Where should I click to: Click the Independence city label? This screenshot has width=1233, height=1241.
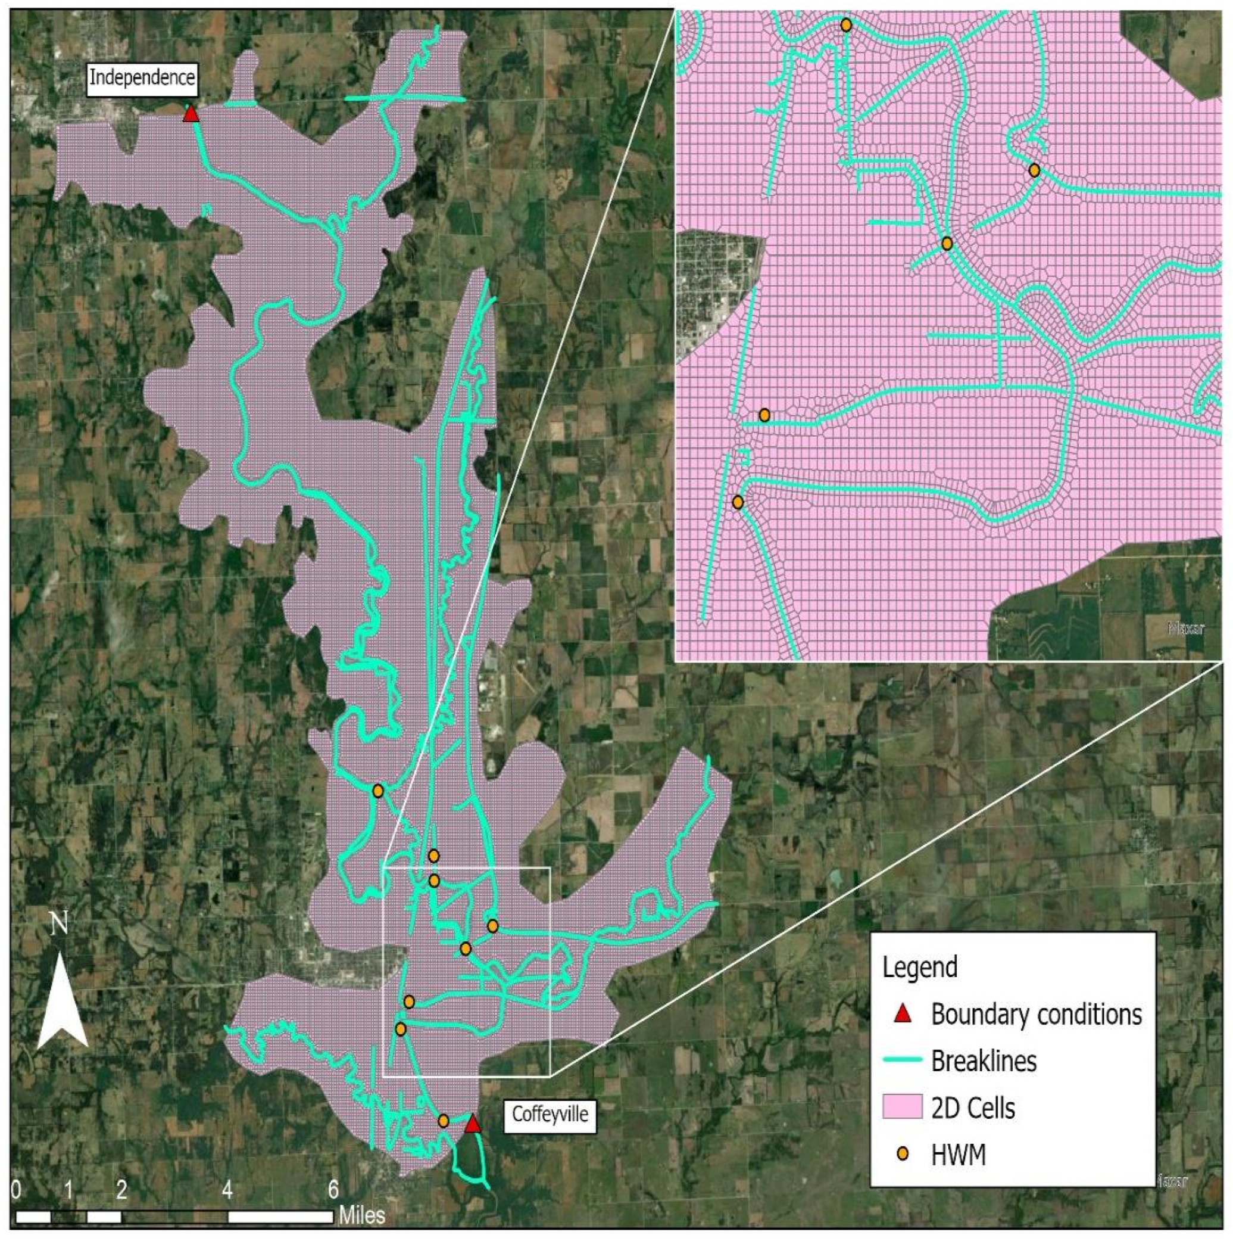(142, 77)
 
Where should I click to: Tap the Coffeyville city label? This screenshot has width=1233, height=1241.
(550, 1113)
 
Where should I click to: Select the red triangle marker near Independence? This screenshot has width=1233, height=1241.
(191, 114)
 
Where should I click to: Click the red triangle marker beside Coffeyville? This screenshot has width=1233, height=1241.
(472, 1124)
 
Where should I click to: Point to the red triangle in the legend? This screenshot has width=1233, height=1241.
(903, 1014)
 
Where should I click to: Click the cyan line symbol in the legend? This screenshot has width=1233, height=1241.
(903, 1060)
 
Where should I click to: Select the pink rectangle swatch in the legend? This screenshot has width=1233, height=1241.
(903, 1108)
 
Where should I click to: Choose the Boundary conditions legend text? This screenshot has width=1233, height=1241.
(1037, 1014)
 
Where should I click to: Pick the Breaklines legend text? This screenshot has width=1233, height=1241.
(984, 1060)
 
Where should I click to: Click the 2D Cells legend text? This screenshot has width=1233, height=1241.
(973, 1108)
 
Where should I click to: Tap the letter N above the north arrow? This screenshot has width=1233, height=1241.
(60, 923)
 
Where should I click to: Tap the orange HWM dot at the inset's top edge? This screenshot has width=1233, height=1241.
(846, 25)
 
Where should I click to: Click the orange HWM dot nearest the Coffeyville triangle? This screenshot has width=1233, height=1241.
(443, 1121)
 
